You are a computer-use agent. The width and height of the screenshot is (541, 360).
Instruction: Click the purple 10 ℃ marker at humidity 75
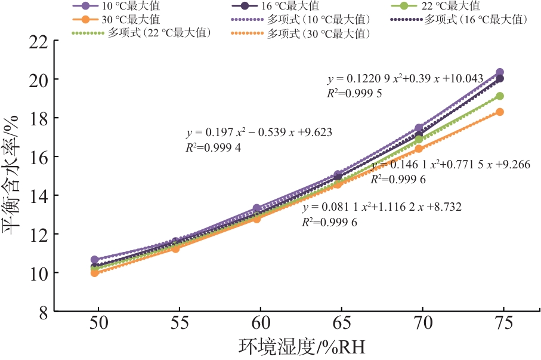500,72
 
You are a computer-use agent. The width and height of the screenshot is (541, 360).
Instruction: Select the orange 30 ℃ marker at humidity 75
500,112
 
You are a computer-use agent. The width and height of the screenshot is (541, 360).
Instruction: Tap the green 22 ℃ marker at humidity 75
500,96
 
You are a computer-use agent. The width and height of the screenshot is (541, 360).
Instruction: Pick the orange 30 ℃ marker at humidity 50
95,273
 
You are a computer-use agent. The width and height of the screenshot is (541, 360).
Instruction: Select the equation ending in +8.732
382,207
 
